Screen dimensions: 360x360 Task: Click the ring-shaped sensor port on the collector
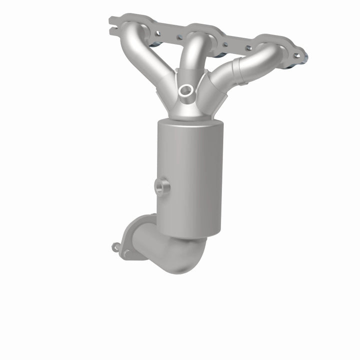click(x=186, y=90)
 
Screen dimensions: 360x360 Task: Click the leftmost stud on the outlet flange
click(x=116, y=246)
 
